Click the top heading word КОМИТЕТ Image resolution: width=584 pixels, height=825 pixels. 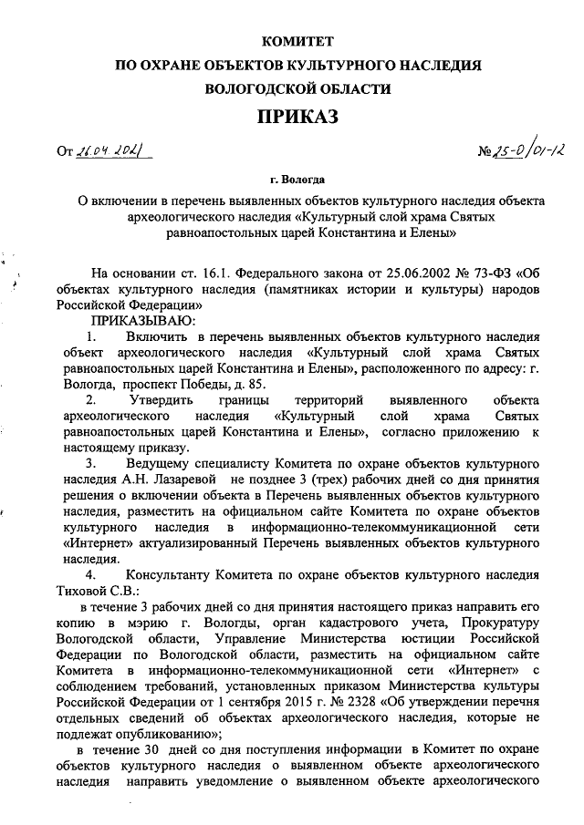[x=298, y=42]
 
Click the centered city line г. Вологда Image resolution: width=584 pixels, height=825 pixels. [x=298, y=180]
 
